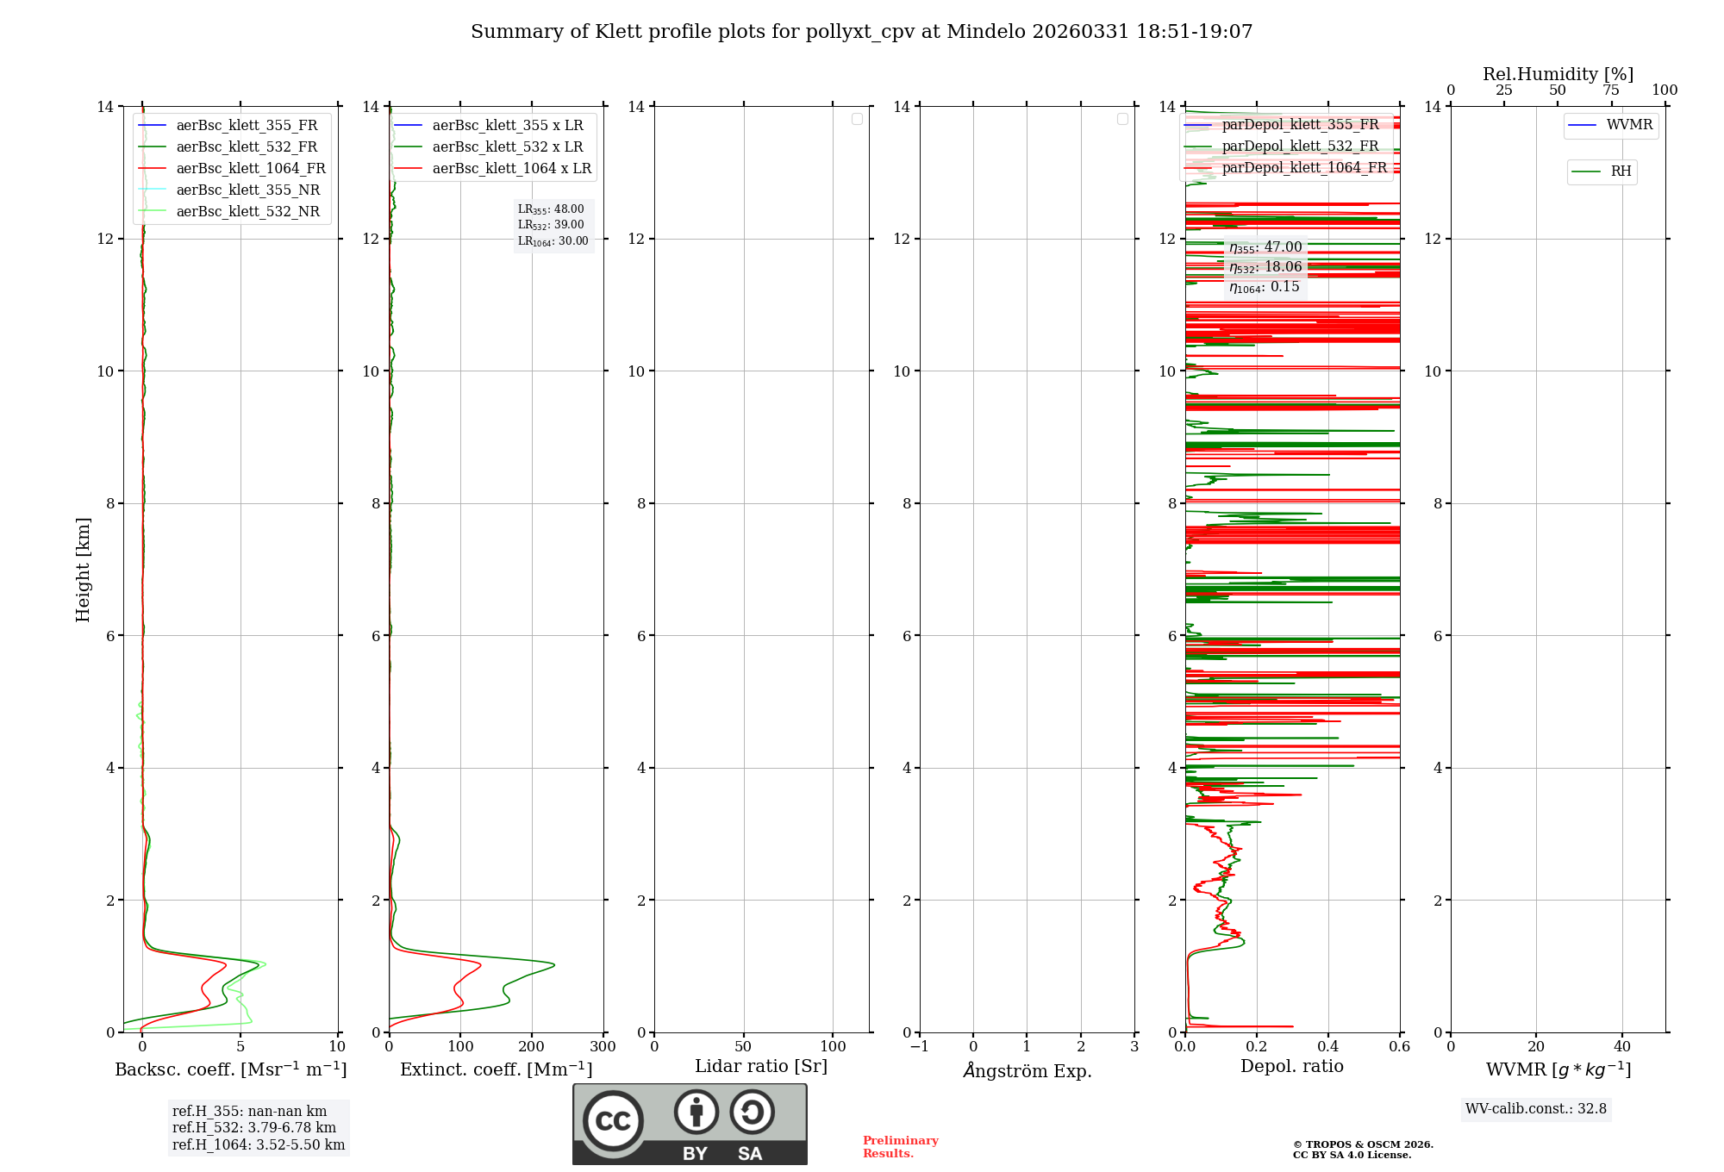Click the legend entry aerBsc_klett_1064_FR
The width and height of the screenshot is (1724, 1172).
(251, 169)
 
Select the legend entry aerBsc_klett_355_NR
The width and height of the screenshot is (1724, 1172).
(247, 190)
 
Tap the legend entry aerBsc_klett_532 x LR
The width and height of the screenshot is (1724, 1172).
(507, 147)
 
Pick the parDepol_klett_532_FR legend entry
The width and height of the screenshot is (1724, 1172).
(1300, 146)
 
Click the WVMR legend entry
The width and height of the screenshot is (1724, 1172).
(1629, 125)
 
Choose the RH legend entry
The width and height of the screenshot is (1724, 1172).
(1621, 171)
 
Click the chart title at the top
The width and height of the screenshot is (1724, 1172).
(861, 32)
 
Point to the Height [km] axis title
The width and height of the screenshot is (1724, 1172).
(83, 570)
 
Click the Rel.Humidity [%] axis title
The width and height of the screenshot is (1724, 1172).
(1558, 74)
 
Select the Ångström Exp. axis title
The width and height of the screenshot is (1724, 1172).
(1027, 1070)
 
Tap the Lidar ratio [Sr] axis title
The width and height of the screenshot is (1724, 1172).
(761, 1067)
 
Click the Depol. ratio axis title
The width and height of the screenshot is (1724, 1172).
(1291, 1067)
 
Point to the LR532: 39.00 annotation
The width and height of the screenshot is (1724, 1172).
(551, 225)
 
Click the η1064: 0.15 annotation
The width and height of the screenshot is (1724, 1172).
(1265, 287)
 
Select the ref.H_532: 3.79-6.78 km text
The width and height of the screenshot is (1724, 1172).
(254, 1128)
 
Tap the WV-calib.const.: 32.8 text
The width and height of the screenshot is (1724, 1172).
(1535, 1109)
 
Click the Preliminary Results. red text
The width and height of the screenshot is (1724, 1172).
(900, 1147)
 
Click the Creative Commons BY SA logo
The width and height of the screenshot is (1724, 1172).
(690, 1124)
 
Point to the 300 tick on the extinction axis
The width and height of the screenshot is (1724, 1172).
(603, 1047)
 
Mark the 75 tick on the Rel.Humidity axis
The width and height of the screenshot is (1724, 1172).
(1610, 90)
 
